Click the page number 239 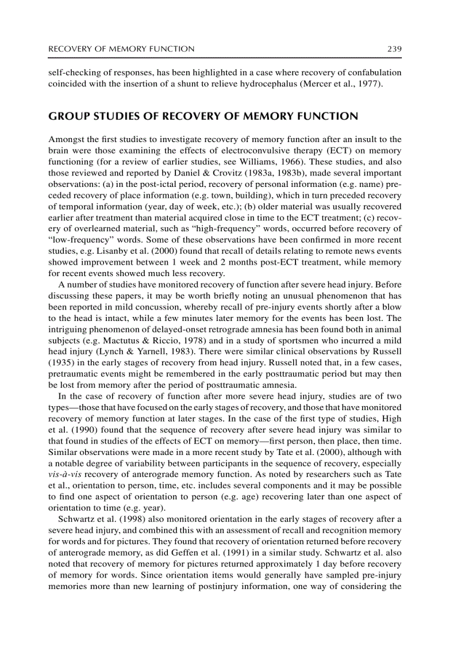pos(394,49)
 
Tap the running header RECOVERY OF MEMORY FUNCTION pos(121,49)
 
